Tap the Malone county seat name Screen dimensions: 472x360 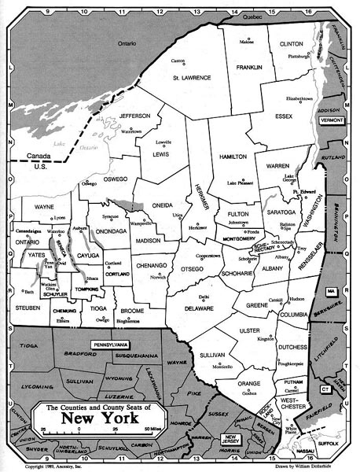click(247, 42)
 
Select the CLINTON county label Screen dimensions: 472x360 click(291, 44)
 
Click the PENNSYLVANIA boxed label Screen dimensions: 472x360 click(113, 345)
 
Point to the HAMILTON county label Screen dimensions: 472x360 click(233, 157)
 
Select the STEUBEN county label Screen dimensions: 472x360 click(26, 308)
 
